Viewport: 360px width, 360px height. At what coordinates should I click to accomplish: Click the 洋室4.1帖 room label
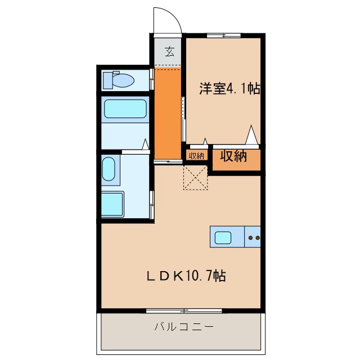(x=229, y=88)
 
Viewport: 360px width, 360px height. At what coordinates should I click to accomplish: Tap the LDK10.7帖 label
(x=187, y=276)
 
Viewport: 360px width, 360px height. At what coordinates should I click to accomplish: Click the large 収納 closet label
(x=233, y=156)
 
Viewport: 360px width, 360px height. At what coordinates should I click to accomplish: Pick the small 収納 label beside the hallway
(x=196, y=156)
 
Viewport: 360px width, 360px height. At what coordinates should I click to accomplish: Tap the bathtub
(x=125, y=109)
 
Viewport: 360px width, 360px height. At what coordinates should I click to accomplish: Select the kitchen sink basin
(x=223, y=237)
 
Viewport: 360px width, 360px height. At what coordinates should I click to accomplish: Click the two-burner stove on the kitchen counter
(x=254, y=237)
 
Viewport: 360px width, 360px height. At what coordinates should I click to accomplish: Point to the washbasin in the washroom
(x=109, y=169)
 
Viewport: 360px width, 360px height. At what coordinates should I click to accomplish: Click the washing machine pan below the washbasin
(x=112, y=204)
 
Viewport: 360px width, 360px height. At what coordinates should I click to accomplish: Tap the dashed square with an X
(x=195, y=177)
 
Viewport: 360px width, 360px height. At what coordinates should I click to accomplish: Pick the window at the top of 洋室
(x=223, y=36)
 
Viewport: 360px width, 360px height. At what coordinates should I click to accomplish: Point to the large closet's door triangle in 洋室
(x=252, y=136)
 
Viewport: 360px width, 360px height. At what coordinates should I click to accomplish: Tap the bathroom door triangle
(x=146, y=145)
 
